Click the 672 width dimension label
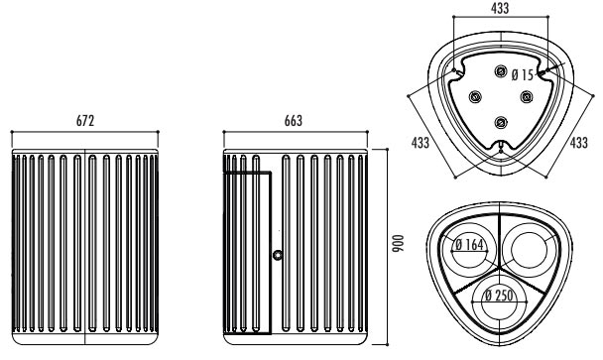click(x=85, y=121)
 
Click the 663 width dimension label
click(x=294, y=121)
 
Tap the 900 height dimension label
click(x=398, y=243)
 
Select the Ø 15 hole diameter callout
click(x=523, y=75)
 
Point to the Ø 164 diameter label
click(x=469, y=245)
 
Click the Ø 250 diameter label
click(x=499, y=296)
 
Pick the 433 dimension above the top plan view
click(x=500, y=8)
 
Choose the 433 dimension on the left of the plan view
click(x=421, y=143)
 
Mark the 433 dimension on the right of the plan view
click(x=579, y=143)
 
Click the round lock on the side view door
click(x=278, y=255)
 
